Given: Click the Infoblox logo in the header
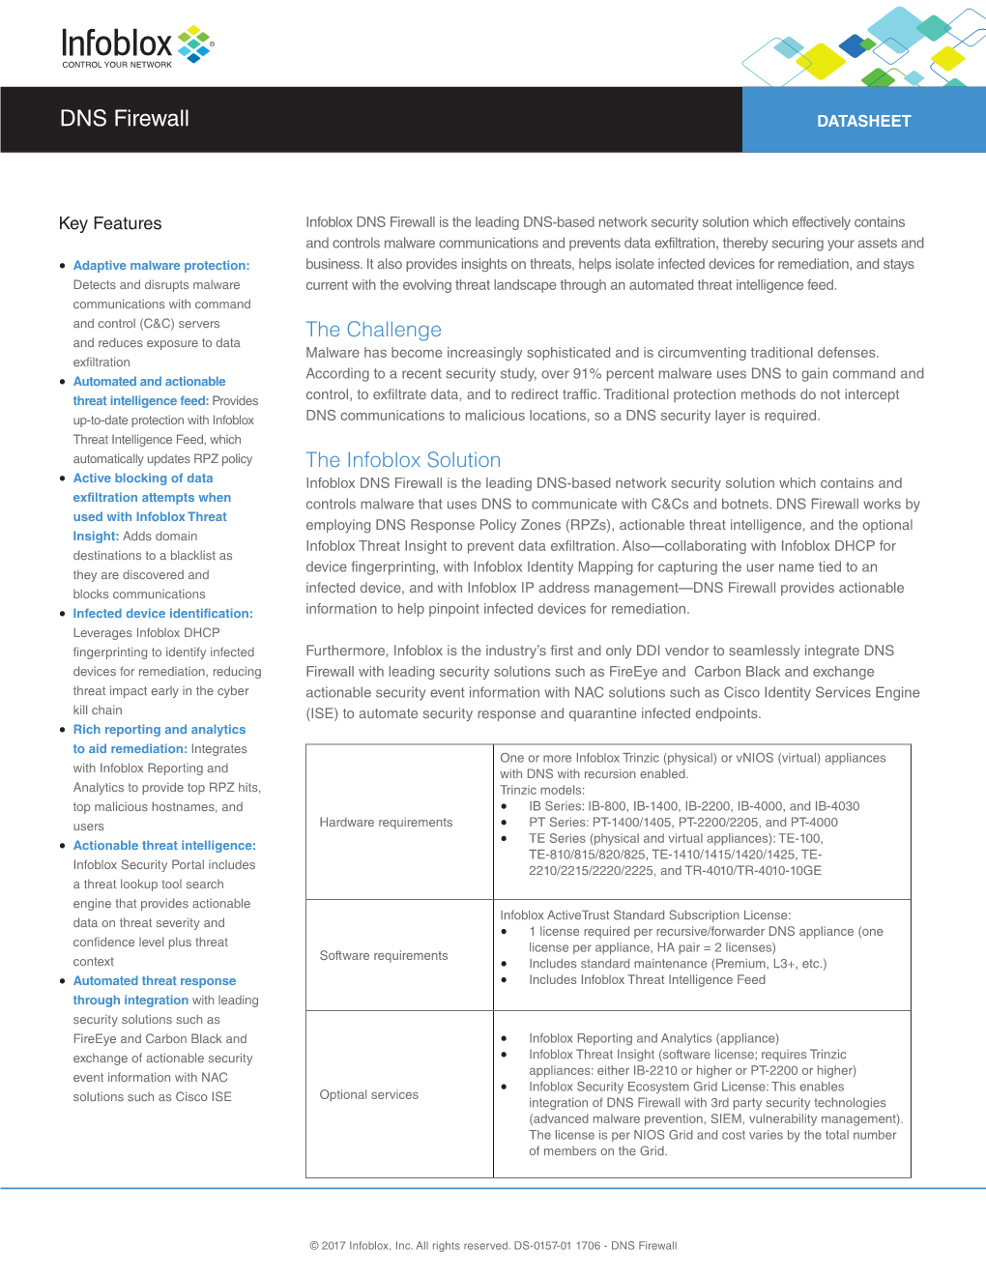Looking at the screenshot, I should pos(136,44).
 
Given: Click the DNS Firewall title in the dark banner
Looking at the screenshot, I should pos(125,119).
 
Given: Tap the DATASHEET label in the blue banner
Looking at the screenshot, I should pos(863,121).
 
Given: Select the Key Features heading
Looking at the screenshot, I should pos(110,223).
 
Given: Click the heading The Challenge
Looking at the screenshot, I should pos(373,330).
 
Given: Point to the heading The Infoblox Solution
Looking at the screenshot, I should pos(403,460).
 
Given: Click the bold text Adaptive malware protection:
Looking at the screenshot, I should pos(161,266).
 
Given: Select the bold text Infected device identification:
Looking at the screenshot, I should pos(162,614).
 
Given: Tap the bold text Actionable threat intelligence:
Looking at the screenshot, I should pos(164,846).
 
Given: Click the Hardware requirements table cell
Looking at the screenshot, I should pos(386,823).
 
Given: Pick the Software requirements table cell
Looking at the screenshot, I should pos(384,956).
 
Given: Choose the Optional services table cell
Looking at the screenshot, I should pos(369,1095).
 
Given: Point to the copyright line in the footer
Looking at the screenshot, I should pos(493,1246).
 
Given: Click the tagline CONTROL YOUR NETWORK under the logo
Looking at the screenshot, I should pos(117,65).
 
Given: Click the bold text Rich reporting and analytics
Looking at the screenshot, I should pos(159,730).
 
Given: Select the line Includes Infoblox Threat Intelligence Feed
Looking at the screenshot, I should pos(647,980).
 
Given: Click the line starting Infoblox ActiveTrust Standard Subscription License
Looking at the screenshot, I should pos(645,915).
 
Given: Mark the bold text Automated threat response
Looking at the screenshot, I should pos(155,981).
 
